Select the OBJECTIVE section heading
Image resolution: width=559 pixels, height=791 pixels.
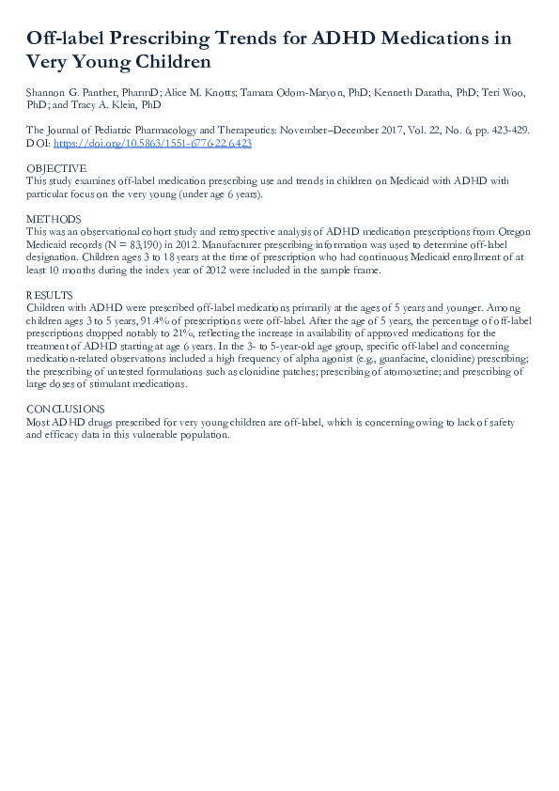tap(54, 168)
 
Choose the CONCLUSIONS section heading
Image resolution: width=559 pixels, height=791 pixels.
tap(66, 409)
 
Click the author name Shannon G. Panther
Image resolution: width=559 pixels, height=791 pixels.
tap(70, 93)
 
